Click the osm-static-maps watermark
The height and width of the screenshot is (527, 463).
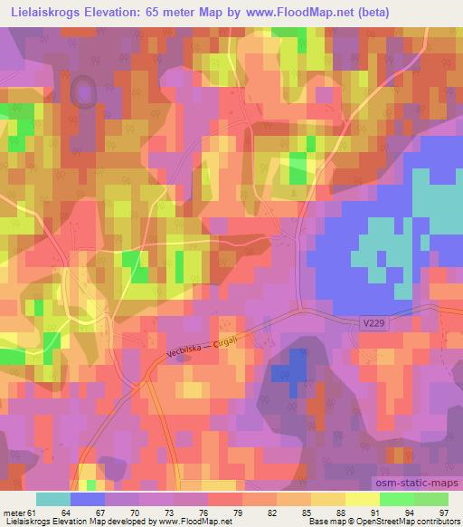421,484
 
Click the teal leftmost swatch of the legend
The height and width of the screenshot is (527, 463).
52,499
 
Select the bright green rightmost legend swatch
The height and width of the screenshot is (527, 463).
430,499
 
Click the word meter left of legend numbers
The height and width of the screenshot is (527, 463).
14,513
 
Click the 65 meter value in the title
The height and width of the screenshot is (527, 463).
190,12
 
